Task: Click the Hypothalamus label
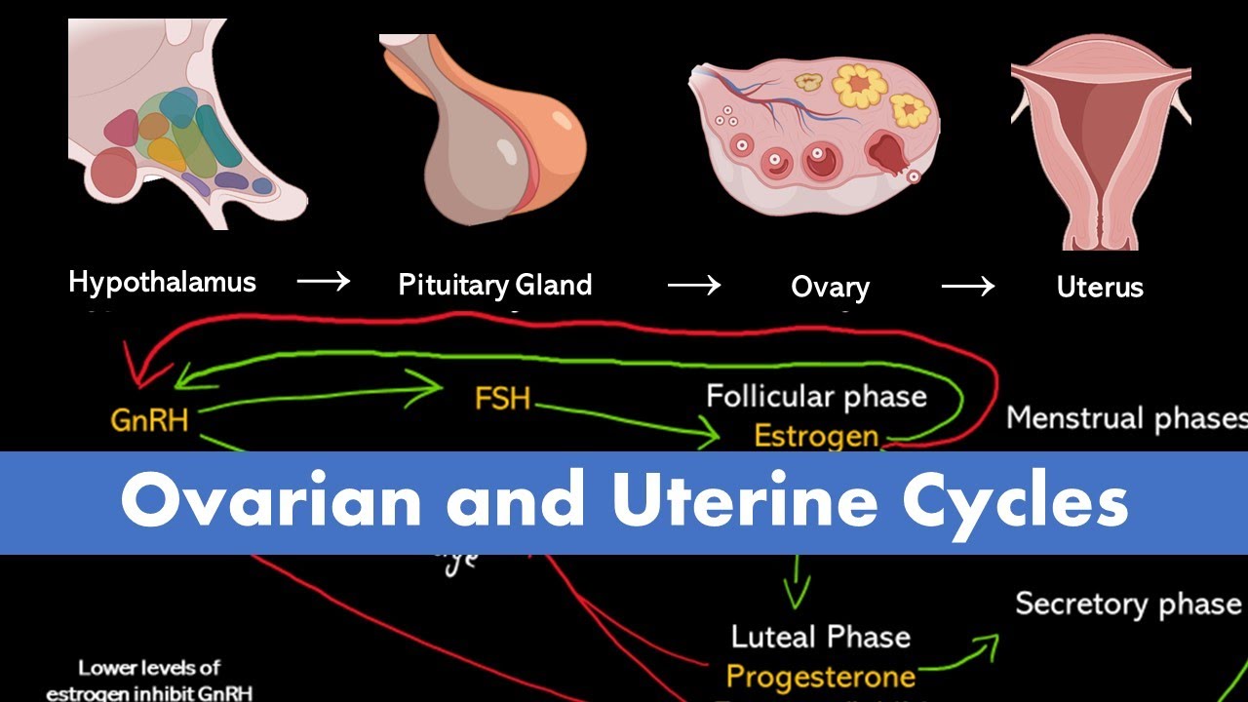tap(162, 283)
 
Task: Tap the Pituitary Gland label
tap(494, 285)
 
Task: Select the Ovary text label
tap(830, 288)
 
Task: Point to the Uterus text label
tap(1100, 288)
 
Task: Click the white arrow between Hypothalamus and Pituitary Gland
tap(323, 283)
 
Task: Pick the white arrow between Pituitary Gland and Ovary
tap(693, 286)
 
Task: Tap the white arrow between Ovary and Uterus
tap(967, 286)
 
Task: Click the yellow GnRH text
tap(149, 420)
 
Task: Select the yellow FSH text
tap(502, 399)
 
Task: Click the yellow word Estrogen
tap(816, 436)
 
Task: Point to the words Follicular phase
tap(816, 397)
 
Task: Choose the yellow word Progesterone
tap(821, 676)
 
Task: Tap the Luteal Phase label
tap(821, 638)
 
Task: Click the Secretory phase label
tap(1128, 604)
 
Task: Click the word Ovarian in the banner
tap(271, 502)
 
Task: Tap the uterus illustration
tap(1100, 141)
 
